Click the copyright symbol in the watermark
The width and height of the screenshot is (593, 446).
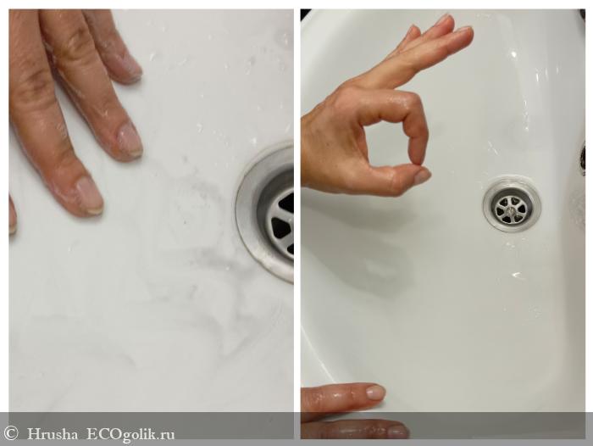click(10, 432)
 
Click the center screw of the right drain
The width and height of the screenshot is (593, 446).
click(512, 207)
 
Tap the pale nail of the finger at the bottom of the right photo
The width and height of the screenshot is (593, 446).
click(375, 393)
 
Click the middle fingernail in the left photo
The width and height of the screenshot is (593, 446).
click(130, 140)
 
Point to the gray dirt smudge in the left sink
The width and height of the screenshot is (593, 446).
click(201, 243)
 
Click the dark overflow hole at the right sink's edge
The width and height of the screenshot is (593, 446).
click(583, 159)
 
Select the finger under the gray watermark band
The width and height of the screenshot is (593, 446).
click(356, 430)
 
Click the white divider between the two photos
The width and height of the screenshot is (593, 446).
click(296, 223)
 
